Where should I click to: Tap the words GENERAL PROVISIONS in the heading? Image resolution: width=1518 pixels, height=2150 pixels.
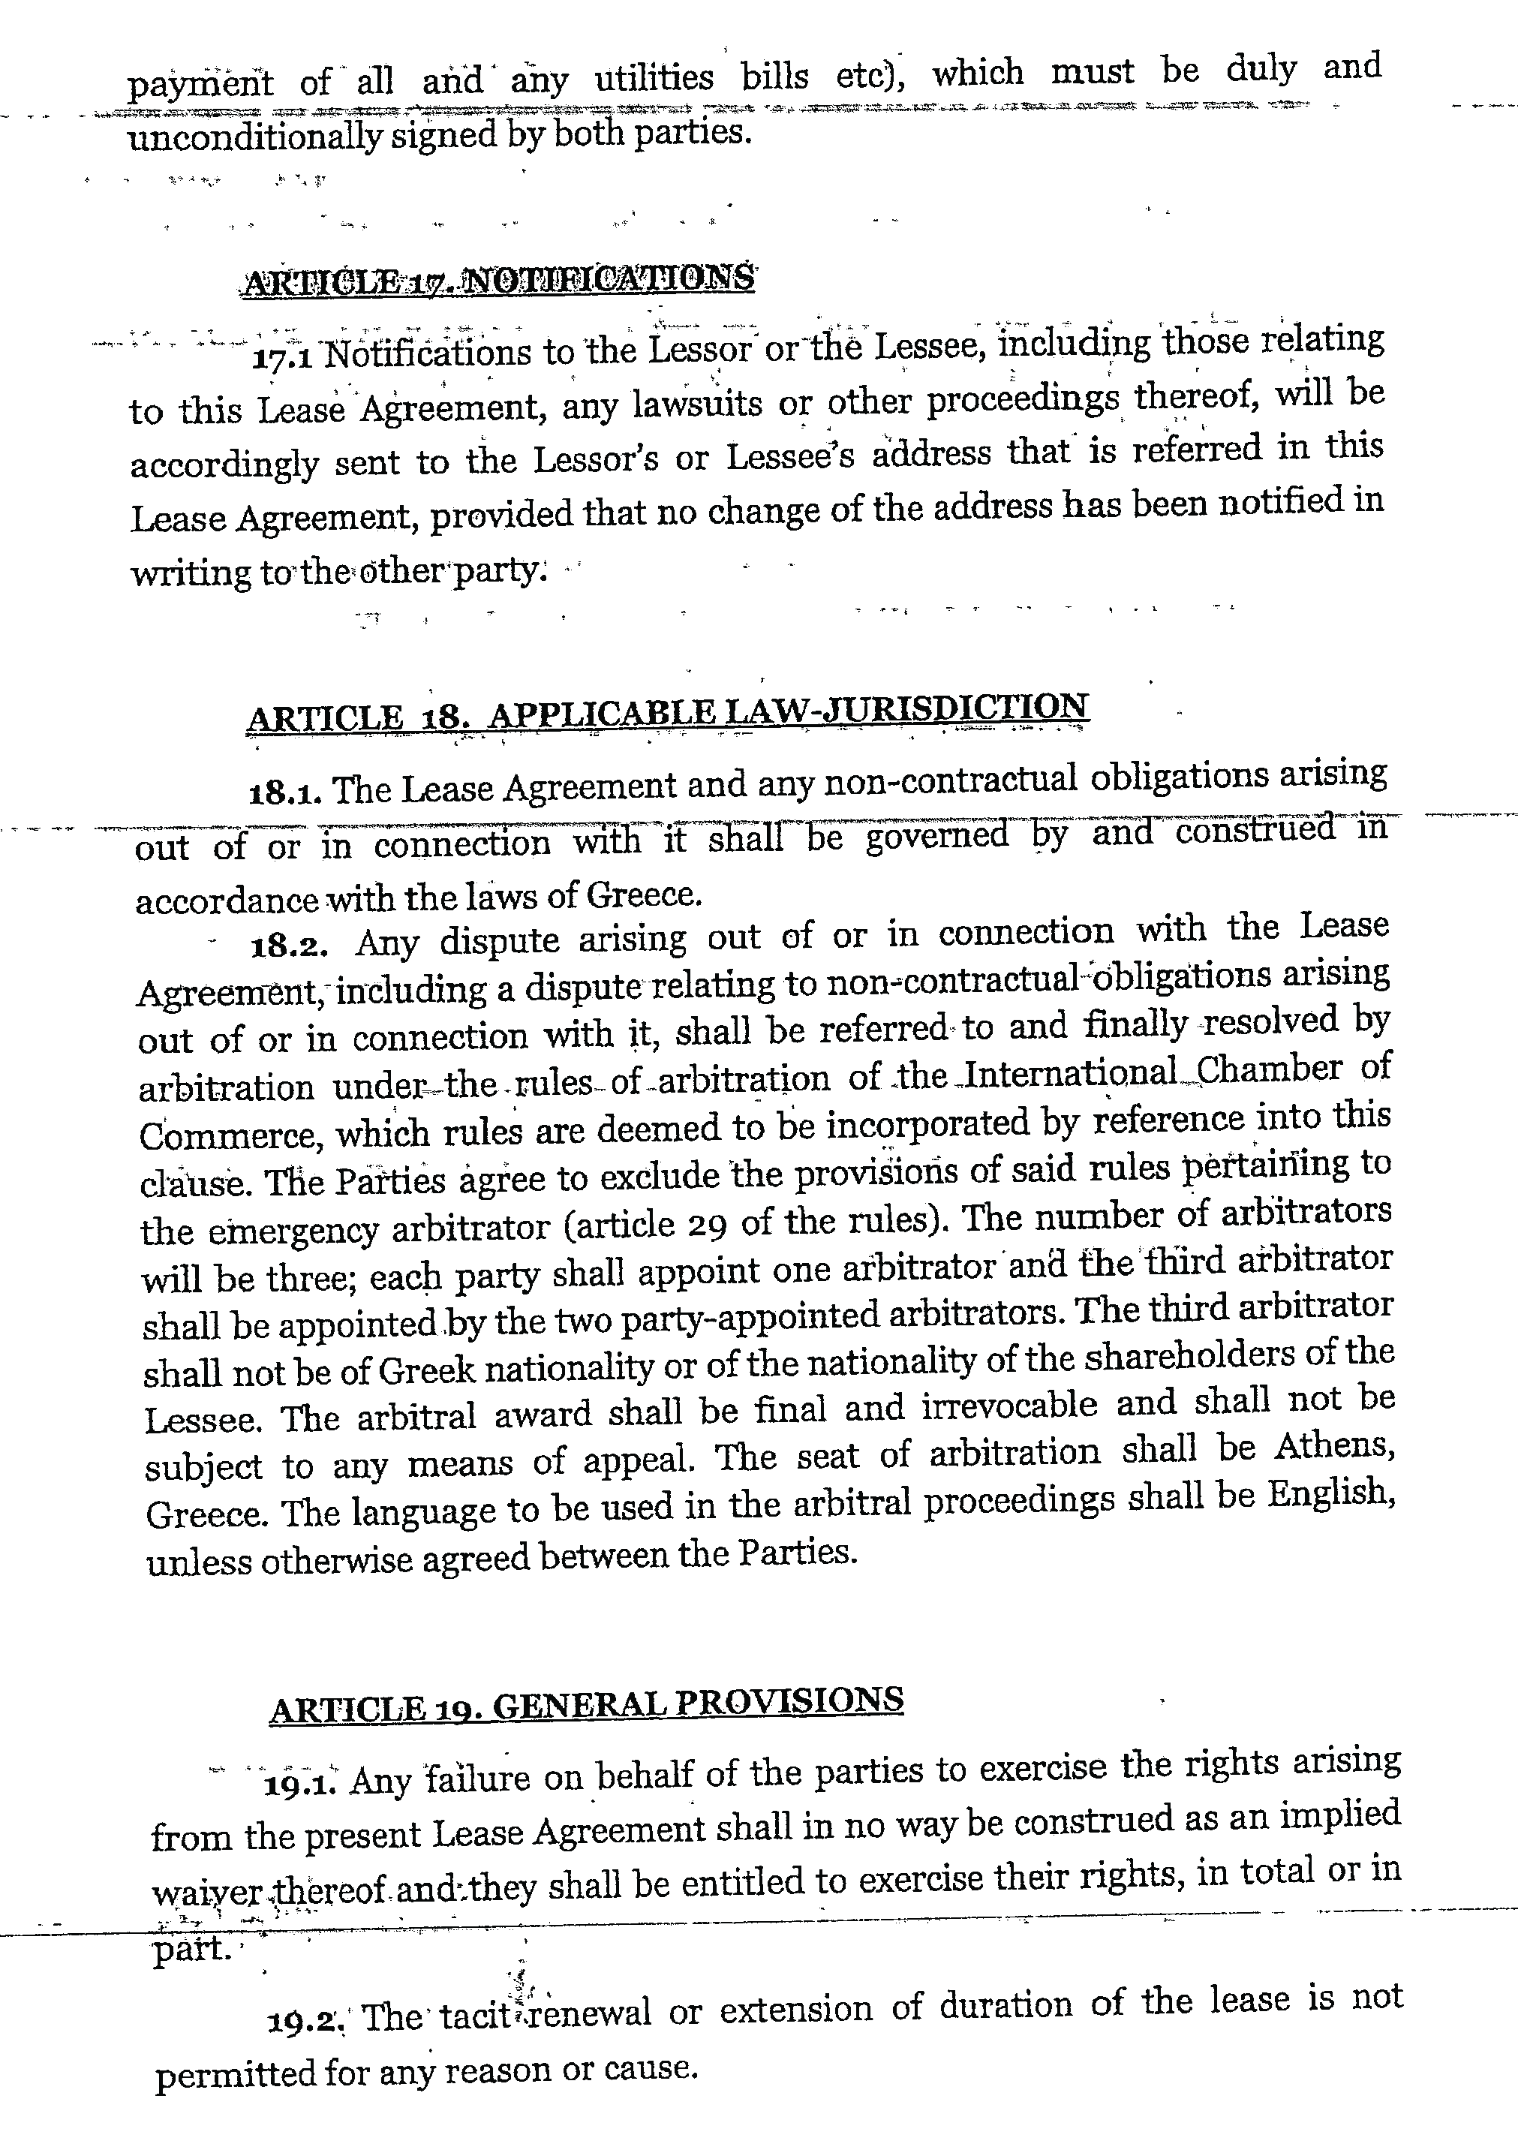[x=698, y=1700]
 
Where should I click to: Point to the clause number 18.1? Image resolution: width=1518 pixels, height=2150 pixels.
[x=287, y=794]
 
